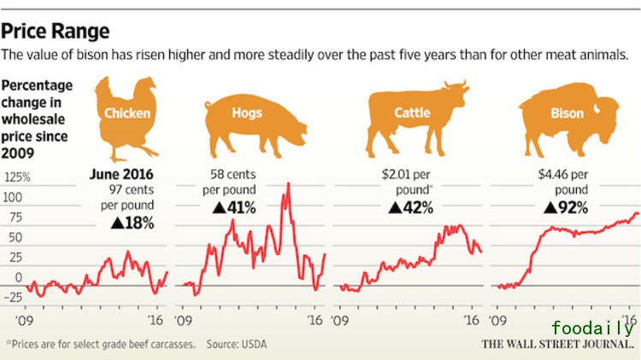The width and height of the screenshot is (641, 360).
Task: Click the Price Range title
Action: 56,32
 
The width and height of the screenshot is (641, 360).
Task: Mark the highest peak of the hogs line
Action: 288,183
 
